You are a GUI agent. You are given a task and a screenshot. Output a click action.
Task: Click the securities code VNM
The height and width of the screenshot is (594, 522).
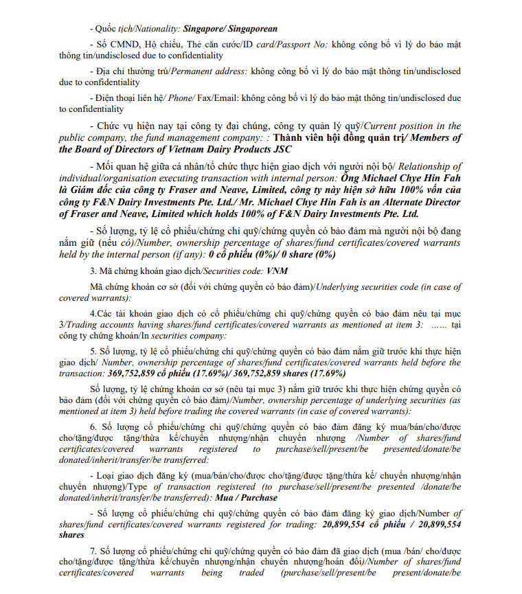[256, 271]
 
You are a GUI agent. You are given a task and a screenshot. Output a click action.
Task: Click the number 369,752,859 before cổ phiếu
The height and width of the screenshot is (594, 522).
[139, 374]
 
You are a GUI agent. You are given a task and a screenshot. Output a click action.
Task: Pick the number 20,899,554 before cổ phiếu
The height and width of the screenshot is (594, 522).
[352, 524]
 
